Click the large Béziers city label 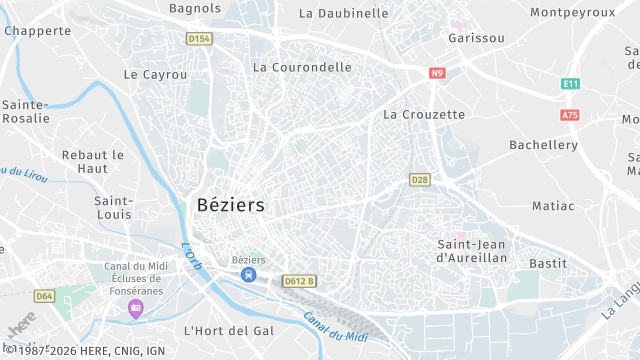point(232,205)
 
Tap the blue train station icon point(248,274)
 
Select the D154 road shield point(200,39)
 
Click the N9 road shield point(437,73)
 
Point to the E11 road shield point(570,84)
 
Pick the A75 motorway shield point(570,115)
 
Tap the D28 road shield point(419,179)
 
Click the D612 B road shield point(299,281)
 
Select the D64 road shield point(44,296)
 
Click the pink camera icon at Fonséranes point(135,306)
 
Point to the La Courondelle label point(302,67)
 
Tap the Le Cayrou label point(155,74)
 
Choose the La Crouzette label point(424,114)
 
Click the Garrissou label point(477,38)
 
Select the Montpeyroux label point(572,12)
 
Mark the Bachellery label point(543,145)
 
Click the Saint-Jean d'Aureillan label point(473,251)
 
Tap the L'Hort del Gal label point(229,330)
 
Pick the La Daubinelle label point(343,13)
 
